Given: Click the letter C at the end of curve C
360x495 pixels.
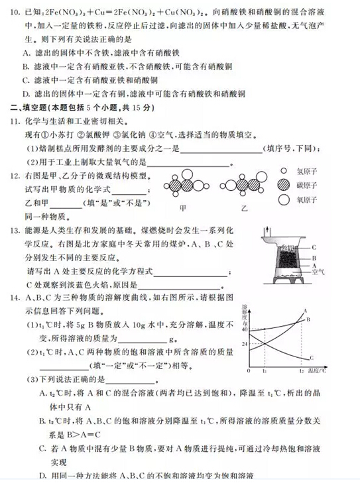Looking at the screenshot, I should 312,358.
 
